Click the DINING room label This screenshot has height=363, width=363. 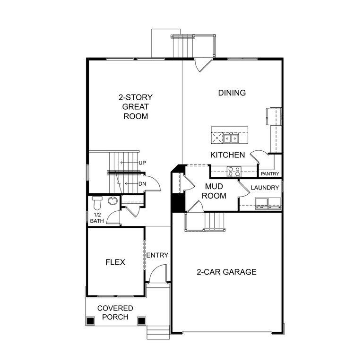tap(232, 93)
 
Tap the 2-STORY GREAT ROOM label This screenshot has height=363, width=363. tap(135, 106)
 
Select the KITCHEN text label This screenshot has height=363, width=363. tap(227, 155)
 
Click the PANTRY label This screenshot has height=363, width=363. tap(270, 174)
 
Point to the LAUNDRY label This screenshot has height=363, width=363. tap(265, 188)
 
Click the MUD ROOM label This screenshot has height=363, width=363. tap(214, 191)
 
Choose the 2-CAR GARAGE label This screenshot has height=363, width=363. tap(226, 272)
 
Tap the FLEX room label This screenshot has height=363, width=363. tap(115, 262)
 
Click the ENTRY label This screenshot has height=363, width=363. tap(157, 255)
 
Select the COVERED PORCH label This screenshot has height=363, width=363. tap(115, 312)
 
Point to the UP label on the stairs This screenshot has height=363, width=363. tap(142, 163)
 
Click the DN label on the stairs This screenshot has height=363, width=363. tap(142, 184)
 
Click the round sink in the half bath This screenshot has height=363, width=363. tap(112, 201)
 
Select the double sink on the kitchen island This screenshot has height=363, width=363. tap(231, 138)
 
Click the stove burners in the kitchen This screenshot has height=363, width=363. tap(233, 172)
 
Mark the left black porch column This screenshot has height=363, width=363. tap(90, 321)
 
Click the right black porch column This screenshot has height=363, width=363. tap(141, 321)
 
